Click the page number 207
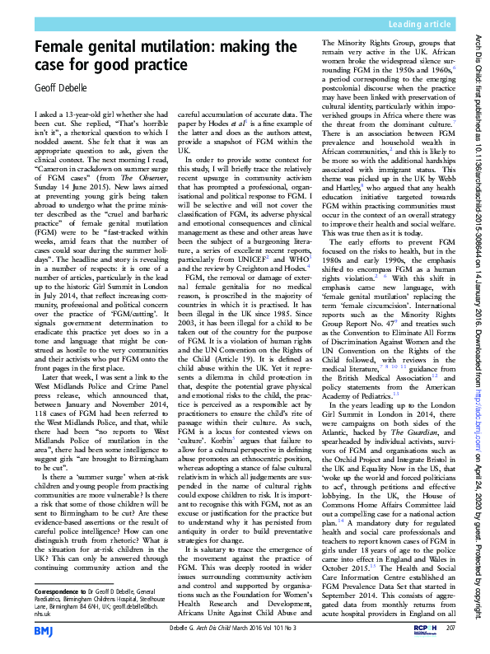450,628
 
